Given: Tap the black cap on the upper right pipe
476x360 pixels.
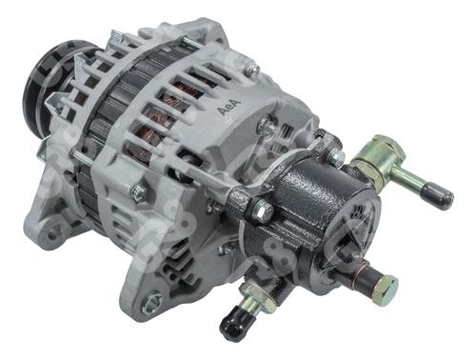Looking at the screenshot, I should (437, 196).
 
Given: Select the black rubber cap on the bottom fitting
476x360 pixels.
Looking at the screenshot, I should (233, 325).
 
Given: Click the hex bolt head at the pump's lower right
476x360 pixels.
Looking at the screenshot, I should (382, 283).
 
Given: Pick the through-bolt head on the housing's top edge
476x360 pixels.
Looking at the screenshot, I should (250, 70).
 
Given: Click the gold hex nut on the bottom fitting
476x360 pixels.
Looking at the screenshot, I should (249, 297).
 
